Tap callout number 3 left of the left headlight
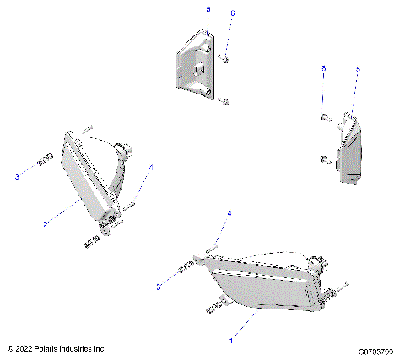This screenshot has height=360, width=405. coord(16,177)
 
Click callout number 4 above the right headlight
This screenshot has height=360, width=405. coord(228,215)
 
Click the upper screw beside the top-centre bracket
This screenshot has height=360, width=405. coord(224,59)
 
